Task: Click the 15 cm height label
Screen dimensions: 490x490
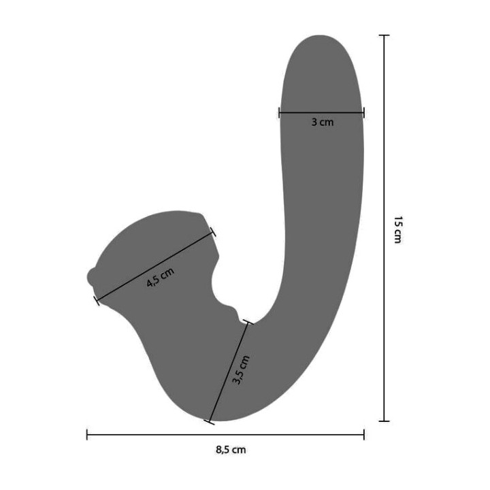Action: pyautogui.click(x=398, y=229)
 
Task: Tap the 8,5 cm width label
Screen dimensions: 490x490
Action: pyautogui.click(x=231, y=450)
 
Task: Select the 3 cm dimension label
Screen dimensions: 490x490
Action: pyautogui.click(x=322, y=122)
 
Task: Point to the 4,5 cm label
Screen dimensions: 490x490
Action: pyautogui.click(x=161, y=278)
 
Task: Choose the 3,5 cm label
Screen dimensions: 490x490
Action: pyautogui.click(x=241, y=370)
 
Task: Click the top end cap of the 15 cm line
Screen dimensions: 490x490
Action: pyautogui.click(x=384, y=35)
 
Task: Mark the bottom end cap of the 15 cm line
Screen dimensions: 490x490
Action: pyautogui.click(x=384, y=421)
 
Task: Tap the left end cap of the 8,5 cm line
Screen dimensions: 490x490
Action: pyautogui.click(x=87, y=435)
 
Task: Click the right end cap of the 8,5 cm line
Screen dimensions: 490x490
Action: pyautogui.click(x=363, y=435)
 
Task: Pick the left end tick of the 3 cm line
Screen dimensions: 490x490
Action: pyautogui.click(x=280, y=112)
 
